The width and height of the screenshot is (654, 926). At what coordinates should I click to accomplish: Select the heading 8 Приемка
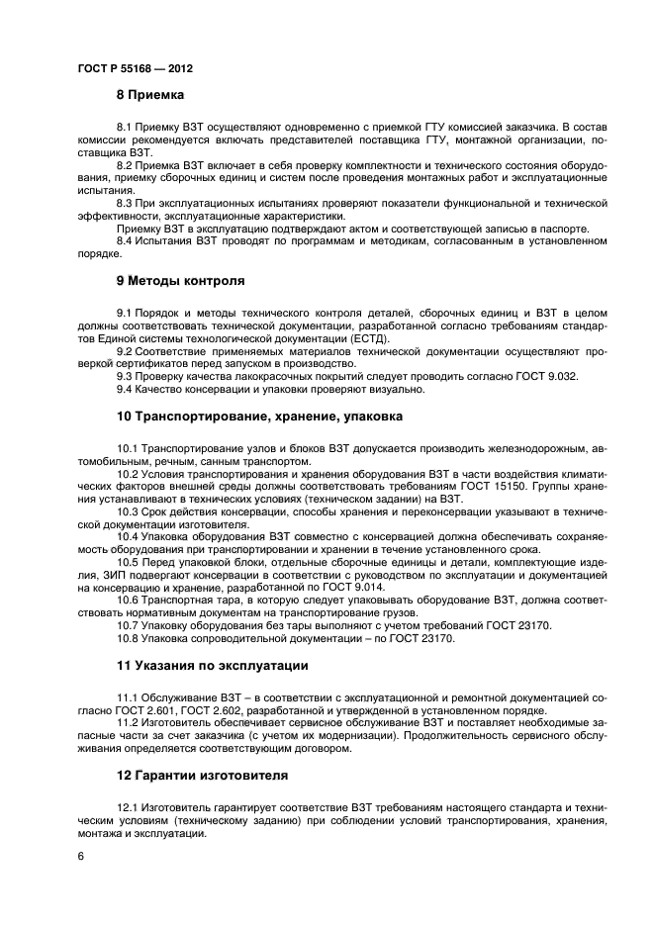coord(150,95)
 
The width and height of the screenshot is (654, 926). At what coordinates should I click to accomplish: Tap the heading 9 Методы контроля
coord(180,280)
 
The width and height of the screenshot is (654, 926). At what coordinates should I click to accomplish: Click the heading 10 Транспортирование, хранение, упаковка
coord(259,417)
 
